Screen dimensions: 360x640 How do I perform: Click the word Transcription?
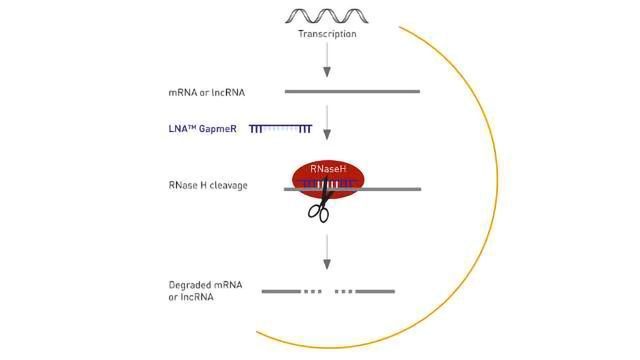pyautogui.click(x=327, y=34)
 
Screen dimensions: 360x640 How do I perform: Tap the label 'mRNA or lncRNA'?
pyautogui.click(x=207, y=92)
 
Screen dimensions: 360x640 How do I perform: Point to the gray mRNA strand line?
pyautogui.click(x=352, y=92)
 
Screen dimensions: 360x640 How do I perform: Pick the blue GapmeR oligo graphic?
pyautogui.click(x=281, y=129)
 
